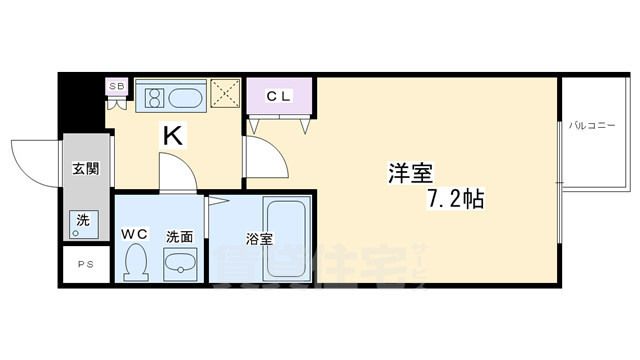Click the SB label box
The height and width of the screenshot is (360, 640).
[x=115, y=87]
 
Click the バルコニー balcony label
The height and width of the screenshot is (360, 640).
[x=593, y=126]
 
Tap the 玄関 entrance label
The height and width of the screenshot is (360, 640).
[x=85, y=169]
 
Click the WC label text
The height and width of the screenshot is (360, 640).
[x=135, y=234]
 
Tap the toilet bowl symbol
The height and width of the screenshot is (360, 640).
[x=137, y=263]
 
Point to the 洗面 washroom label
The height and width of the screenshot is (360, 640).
[x=180, y=237]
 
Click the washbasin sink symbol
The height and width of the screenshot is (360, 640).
[x=180, y=264]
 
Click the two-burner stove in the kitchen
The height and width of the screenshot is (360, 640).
[x=156, y=98]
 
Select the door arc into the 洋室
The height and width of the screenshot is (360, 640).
[x=265, y=162]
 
